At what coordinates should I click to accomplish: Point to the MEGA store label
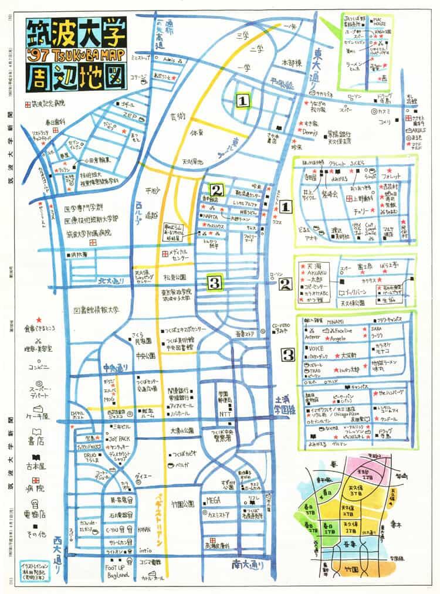pyautogui.click(x=212, y=500)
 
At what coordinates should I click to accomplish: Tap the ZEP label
pyautogui.click(x=130, y=116)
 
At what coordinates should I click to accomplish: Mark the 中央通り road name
pyautogui.click(x=114, y=368)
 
